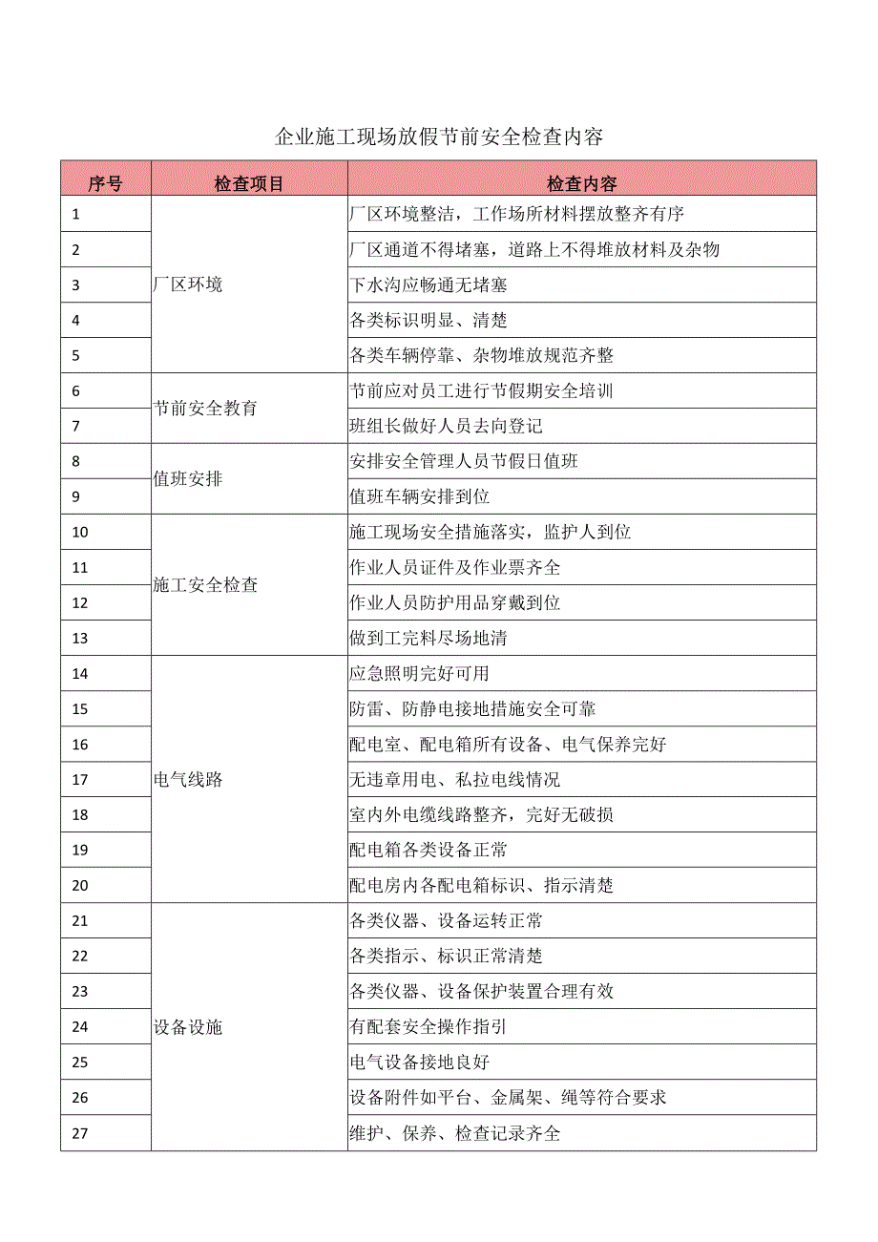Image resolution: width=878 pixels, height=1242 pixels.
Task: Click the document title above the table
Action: click(439, 137)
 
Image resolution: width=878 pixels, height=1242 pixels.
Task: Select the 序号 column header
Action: click(105, 183)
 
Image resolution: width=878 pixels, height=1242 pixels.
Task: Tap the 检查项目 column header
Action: click(249, 183)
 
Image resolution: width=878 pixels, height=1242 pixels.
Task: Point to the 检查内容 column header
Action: click(581, 183)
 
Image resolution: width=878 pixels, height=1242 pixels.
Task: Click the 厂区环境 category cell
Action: click(188, 284)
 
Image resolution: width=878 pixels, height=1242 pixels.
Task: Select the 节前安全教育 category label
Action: click(205, 408)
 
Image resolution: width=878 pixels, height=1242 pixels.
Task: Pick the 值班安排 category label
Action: click(188, 478)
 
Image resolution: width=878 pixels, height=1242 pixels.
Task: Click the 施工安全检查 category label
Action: click(205, 585)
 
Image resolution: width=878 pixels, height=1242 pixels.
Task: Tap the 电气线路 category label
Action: click(188, 779)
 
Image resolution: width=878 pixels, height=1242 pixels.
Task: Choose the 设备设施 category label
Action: click(188, 1027)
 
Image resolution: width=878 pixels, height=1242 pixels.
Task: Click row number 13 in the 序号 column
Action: click(80, 638)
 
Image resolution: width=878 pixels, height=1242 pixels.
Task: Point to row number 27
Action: click(80, 1133)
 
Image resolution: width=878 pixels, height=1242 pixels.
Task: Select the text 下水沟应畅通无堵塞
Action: click(428, 284)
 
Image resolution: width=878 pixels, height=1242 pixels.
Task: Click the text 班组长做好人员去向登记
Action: click(446, 426)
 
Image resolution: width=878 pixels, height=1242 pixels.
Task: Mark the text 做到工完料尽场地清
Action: click(429, 638)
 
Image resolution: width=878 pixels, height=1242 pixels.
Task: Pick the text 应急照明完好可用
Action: click(420, 673)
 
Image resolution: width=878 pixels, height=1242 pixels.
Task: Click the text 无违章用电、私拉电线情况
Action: click(455, 780)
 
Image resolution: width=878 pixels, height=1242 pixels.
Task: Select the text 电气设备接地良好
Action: click(420, 1063)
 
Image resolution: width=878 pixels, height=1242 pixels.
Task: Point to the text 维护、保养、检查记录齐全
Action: click(455, 1133)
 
